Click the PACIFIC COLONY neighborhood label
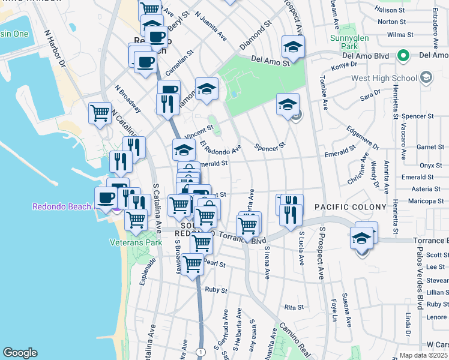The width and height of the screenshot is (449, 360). point(351,207)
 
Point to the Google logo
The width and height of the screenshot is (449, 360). point(20,352)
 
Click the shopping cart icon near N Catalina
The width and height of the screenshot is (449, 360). point(100,113)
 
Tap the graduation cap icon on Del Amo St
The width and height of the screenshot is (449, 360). point(293,46)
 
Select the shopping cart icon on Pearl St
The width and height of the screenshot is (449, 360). point(193,263)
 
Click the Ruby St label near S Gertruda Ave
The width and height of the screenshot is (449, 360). point(215,290)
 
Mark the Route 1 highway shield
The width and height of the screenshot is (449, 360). point(200,351)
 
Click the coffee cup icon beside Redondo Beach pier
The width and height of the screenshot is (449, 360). point(106,197)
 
